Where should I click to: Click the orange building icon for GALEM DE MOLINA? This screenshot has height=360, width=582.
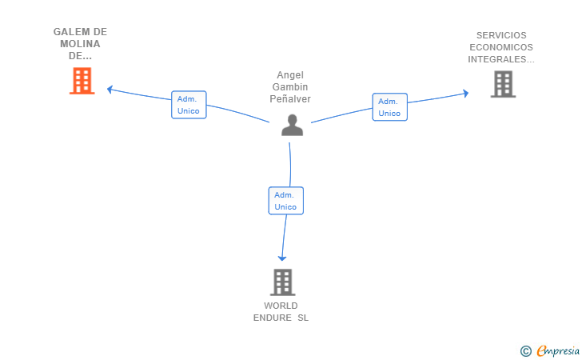point(82,81)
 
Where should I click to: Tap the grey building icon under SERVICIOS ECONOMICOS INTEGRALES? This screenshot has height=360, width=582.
point(503,84)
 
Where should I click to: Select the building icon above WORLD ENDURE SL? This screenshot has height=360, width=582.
point(282,282)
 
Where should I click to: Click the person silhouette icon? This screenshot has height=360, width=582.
point(292,126)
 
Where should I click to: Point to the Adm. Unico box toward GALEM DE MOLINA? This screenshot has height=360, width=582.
point(189,105)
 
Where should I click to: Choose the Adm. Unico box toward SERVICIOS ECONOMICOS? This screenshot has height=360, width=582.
point(390,107)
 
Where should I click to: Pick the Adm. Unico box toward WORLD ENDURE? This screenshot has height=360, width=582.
point(286,201)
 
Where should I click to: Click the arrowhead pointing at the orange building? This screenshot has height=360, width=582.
point(110,89)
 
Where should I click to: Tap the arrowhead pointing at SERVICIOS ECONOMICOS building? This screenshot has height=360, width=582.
point(466,94)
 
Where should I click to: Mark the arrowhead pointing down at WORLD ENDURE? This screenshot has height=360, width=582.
point(282,258)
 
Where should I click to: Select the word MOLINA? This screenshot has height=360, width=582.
point(80,44)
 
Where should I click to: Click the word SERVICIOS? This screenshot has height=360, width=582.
point(501,35)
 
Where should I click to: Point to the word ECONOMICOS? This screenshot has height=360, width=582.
point(501,47)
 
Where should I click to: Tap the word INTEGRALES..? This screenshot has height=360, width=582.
point(497,59)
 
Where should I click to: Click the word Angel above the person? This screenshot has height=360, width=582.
point(290,75)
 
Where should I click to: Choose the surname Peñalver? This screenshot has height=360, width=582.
point(290,99)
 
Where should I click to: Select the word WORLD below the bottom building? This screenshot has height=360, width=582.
point(281,306)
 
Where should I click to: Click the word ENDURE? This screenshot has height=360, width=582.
point(273,318)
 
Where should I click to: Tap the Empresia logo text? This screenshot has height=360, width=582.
point(558,350)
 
